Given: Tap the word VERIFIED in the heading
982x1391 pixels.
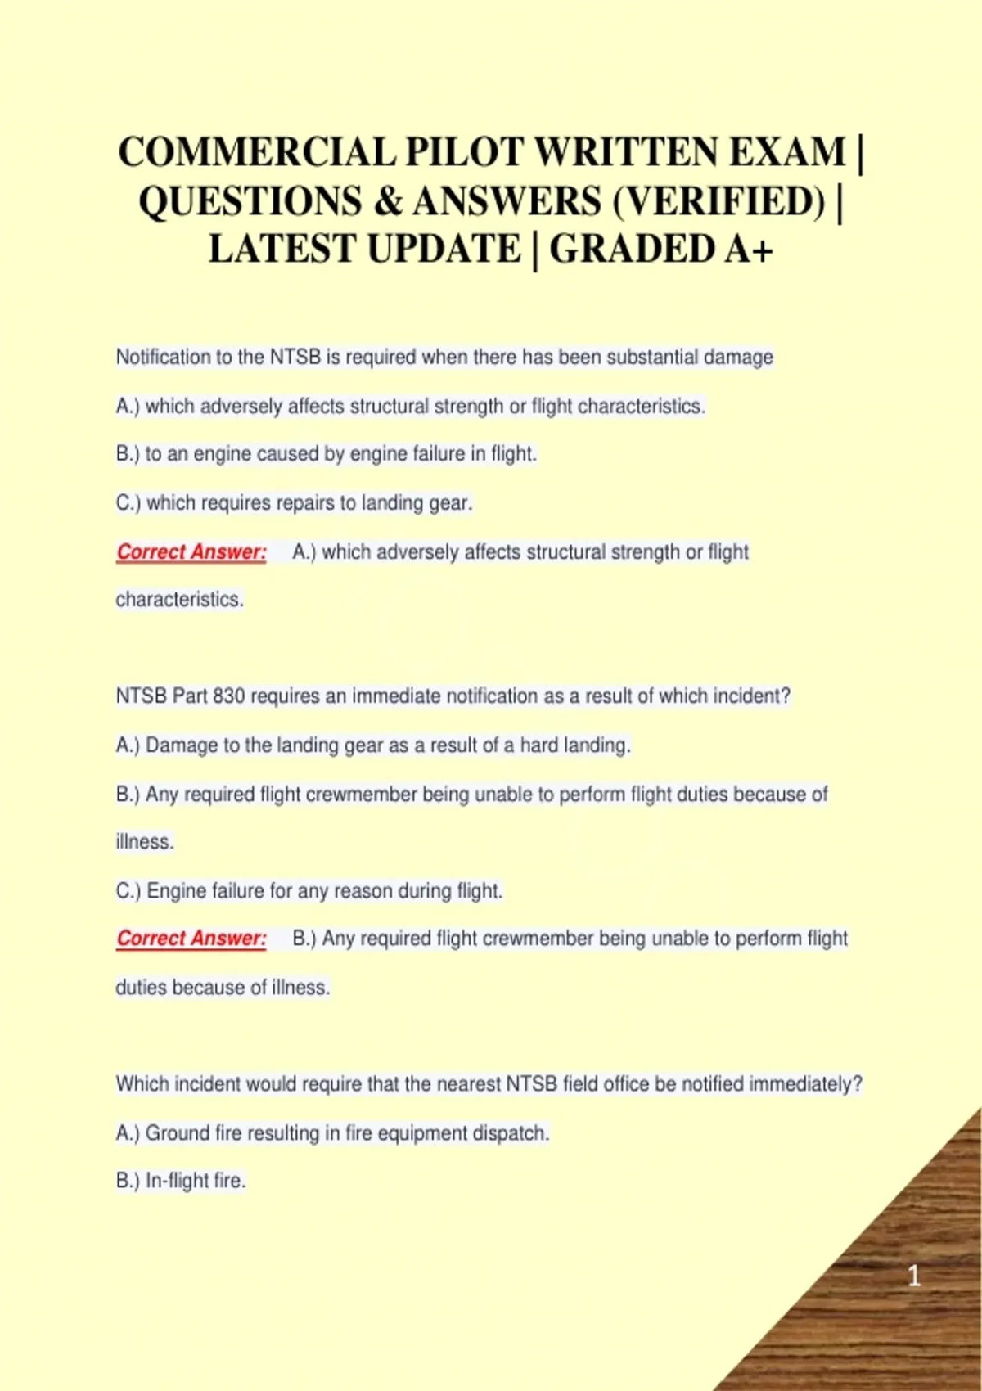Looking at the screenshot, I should [719, 201].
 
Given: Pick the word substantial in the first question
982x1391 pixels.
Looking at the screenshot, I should [652, 358].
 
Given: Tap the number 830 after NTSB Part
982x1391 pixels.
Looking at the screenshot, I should [228, 696].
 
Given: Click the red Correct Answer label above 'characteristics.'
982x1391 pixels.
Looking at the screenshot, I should [191, 552].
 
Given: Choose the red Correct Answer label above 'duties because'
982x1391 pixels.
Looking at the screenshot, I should [191, 939].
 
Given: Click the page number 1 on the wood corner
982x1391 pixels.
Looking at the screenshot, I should [914, 1276].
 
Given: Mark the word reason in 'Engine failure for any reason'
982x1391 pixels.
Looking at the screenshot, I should [363, 890].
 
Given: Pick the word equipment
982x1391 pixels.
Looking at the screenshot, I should [408, 1133].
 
